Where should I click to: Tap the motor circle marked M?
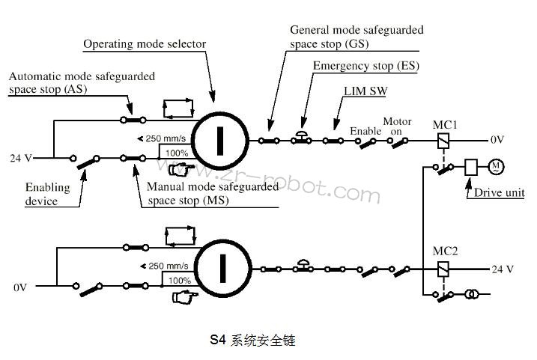tap(495, 166)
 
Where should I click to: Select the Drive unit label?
tap(499, 192)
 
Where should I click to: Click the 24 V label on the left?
tap(20, 158)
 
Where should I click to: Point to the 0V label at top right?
tap(498, 139)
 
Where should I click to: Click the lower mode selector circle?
tap(222, 267)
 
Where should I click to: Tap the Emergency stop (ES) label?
tap(365, 65)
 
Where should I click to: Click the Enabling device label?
tap(46, 194)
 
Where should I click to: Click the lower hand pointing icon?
tap(181, 297)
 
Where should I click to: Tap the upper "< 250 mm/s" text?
tap(164, 138)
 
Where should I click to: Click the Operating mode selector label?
tap(144, 44)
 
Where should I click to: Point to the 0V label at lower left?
tap(19, 286)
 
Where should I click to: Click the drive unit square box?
tap(472, 167)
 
